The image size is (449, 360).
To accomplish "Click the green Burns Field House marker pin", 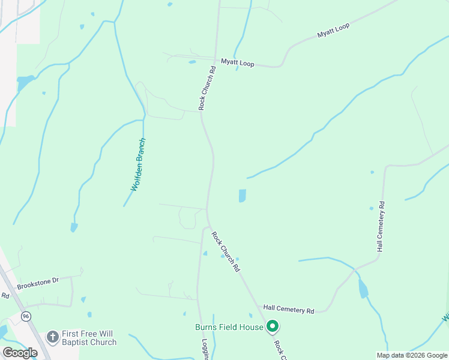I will [x=273, y=326].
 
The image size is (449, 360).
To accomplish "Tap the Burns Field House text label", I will [x=229, y=327].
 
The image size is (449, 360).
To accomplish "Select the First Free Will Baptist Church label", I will [x=89, y=338].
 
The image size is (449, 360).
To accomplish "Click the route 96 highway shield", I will [x=25, y=316].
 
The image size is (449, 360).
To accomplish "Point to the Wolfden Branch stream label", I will [x=139, y=165].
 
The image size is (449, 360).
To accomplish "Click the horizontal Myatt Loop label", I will [x=238, y=62].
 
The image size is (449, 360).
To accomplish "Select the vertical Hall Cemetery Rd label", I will [x=381, y=226].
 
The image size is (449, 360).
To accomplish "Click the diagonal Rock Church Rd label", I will [x=226, y=251].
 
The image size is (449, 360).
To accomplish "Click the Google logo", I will [x=19, y=352].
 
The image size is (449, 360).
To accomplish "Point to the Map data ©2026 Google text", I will [x=411, y=355].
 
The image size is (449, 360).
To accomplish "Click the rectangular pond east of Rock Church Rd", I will [x=242, y=196].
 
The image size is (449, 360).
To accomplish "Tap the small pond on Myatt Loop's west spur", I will [x=192, y=61].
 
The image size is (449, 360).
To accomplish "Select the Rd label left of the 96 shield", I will [x=5, y=295].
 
